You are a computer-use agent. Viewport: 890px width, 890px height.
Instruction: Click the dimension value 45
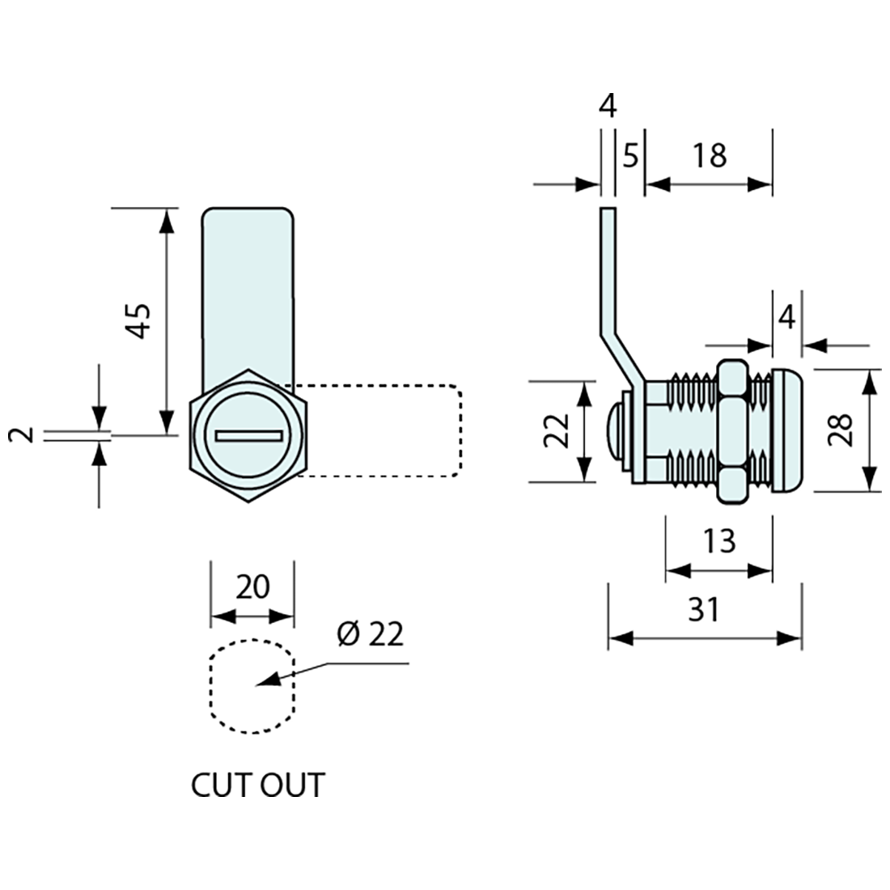[139, 320]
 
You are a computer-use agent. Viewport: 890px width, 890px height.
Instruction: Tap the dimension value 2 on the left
[26, 434]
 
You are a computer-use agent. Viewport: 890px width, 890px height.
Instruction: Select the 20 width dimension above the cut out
[252, 586]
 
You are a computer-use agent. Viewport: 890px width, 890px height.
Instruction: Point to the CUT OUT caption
[257, 785]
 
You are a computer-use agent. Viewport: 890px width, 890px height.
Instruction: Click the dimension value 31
[704, 609]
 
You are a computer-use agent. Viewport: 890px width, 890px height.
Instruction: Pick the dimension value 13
[718, 540]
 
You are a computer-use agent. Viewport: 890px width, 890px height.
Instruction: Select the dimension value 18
[710, 155]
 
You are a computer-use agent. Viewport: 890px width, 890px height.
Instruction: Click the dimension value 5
[631, 155]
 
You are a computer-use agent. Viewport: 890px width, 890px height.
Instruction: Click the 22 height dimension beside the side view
[556, 430]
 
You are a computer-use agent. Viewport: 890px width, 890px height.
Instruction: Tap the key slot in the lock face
[250, 436]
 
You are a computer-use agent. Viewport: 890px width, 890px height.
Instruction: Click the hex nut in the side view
[731, 430]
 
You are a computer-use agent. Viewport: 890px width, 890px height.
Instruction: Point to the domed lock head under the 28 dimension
[786, 430]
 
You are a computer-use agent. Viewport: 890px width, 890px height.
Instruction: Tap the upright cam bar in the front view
[246, 291]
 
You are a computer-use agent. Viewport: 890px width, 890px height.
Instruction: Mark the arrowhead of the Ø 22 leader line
[273, 679]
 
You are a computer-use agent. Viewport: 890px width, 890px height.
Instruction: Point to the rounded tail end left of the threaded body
[615, 430]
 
